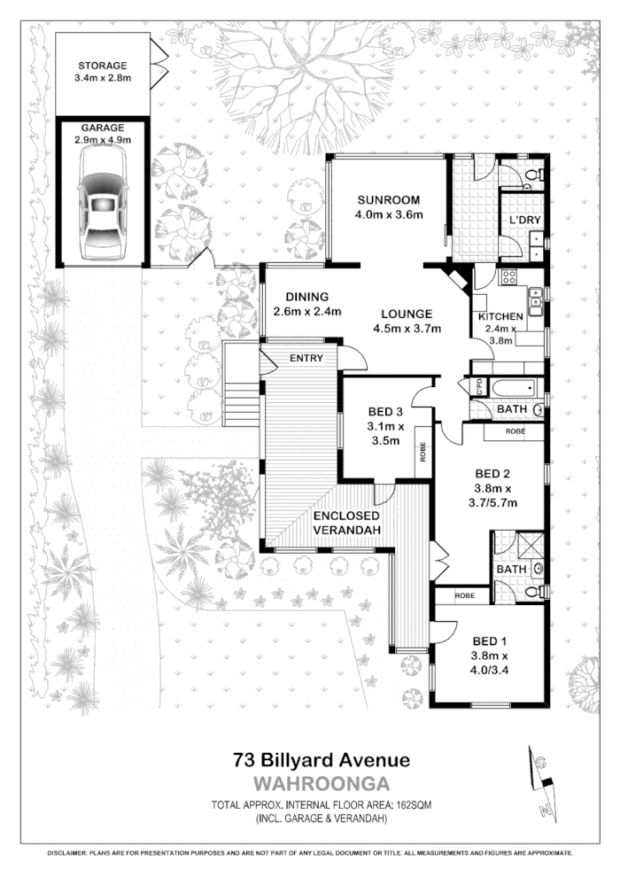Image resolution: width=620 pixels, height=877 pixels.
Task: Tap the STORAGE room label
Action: click(103, 66)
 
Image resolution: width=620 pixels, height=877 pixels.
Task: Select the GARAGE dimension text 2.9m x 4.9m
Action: click(103, 140)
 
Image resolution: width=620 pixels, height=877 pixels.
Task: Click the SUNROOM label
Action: click(389, 199)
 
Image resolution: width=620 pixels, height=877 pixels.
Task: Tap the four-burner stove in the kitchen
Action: click(509, 276)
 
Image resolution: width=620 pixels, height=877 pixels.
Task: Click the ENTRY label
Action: click(306, 358)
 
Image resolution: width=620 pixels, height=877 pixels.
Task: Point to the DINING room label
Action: click(301, 297)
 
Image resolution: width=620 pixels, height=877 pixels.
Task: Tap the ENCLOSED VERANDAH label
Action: click(345, 523)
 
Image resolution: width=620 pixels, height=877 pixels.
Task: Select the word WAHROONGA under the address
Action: click(322, 783)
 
